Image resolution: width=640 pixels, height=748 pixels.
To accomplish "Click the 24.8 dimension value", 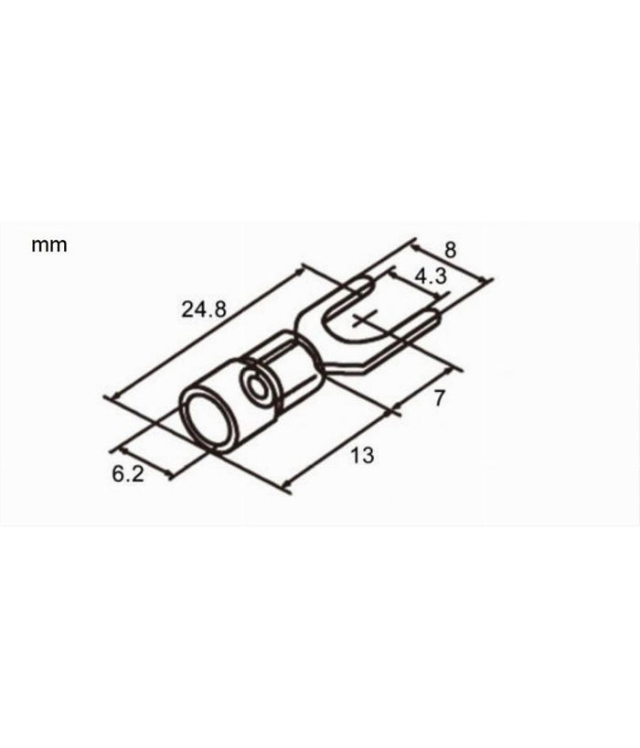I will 203,309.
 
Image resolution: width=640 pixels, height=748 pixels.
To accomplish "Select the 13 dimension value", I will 362,455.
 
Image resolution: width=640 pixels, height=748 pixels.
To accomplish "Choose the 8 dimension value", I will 449,249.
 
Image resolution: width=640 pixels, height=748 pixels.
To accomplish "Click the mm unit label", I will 49,245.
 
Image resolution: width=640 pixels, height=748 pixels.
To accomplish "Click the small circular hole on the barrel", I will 261,388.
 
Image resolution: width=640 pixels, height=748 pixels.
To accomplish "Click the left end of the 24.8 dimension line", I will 110,397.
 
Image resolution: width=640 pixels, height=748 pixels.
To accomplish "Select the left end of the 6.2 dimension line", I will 118,449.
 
